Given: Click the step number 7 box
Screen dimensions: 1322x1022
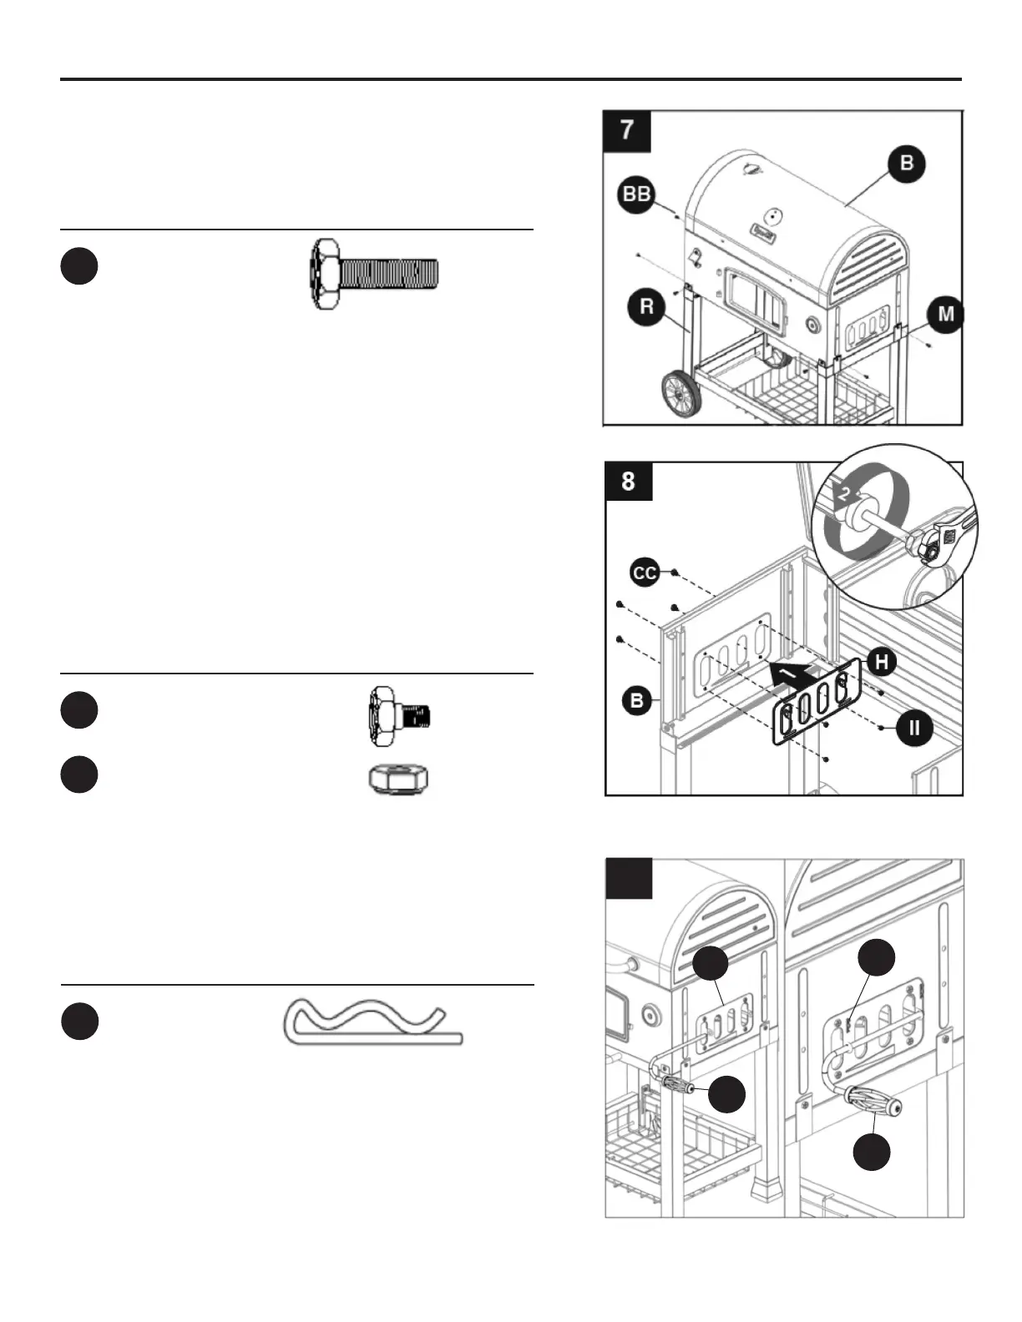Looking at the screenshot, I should tap(626, 130).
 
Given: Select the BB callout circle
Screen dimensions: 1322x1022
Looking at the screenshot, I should tap(637, 194).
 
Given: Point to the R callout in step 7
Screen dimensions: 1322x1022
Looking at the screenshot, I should tap(646, 307).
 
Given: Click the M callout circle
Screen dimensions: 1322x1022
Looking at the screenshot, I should tap(946, 315).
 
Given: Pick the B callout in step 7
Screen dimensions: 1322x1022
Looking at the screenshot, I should tap(907, 163).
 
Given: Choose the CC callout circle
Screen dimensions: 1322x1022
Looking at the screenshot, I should tap(645, 573).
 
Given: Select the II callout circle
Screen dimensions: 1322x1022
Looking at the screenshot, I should tap(914, 727).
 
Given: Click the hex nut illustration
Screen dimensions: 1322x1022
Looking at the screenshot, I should tap(399, 780).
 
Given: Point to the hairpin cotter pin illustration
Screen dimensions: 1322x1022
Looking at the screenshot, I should tap(372, 1022).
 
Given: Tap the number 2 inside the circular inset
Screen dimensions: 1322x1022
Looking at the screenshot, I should tap(844, 493).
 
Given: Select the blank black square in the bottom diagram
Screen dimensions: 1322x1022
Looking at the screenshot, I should tap(628, 880).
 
